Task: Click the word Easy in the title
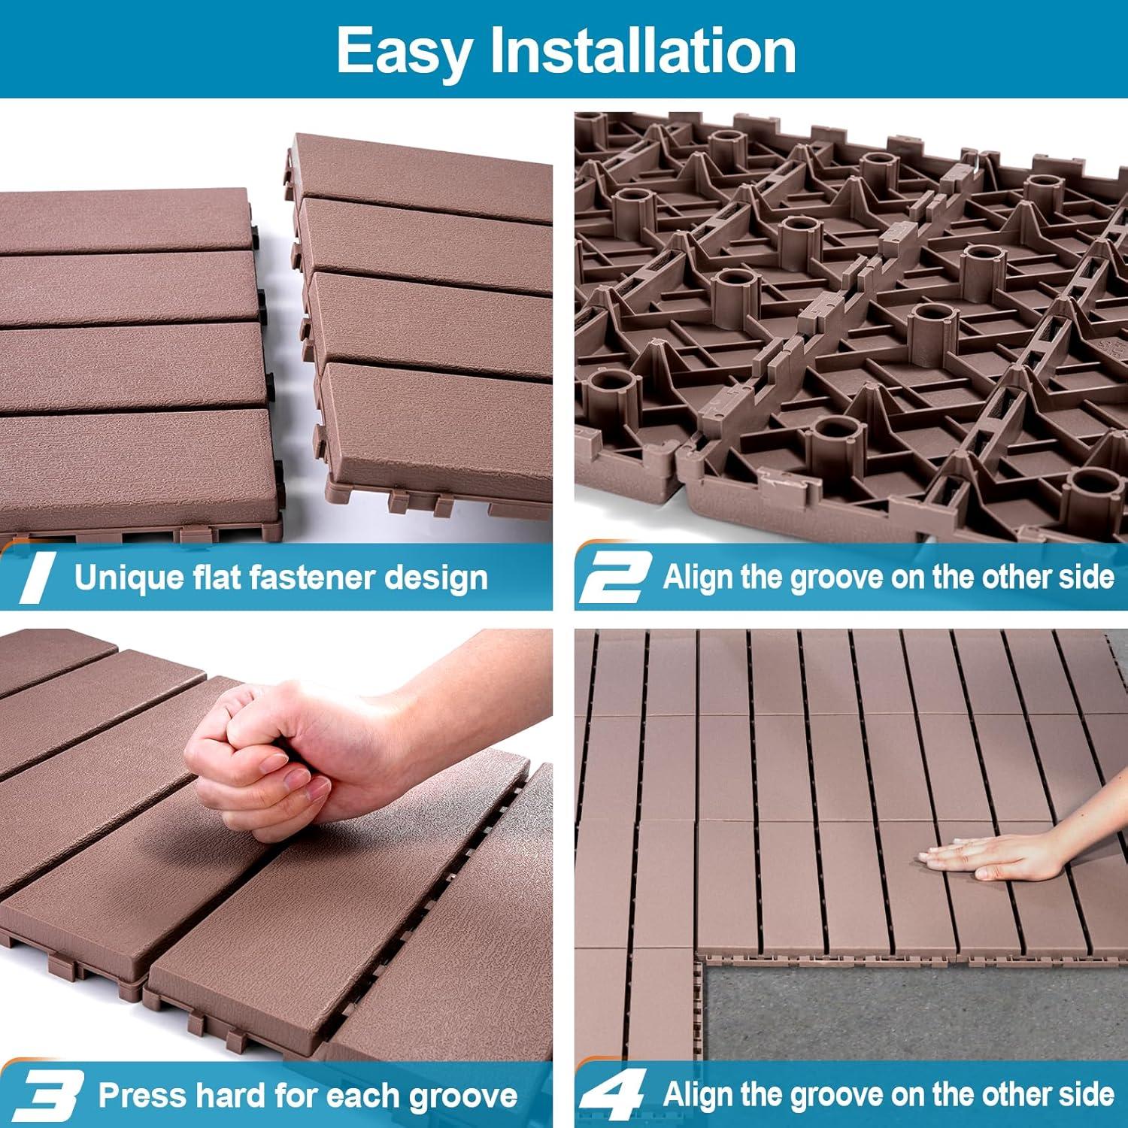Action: click(405, 51)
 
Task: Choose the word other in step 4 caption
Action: click(1016, 1094)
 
